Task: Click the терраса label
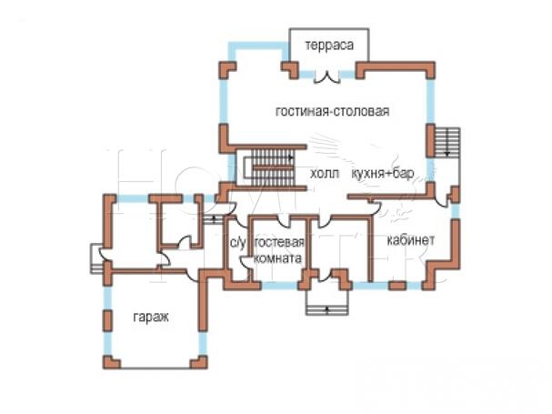pos(329,45)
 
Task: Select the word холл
pos(325,173)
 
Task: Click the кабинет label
pos(410,240)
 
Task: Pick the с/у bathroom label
pos(237,242)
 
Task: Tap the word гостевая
pos(278,242)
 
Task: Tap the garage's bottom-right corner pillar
pos(197,363)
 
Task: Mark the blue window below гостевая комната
pos(282,285)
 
